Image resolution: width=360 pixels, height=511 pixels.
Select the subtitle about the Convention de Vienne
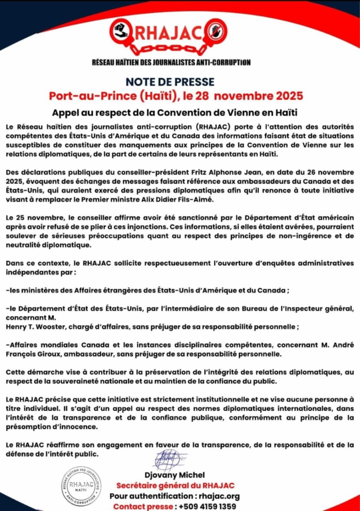179,112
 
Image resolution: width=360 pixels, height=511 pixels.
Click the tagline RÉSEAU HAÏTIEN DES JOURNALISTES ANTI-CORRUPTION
172,62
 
